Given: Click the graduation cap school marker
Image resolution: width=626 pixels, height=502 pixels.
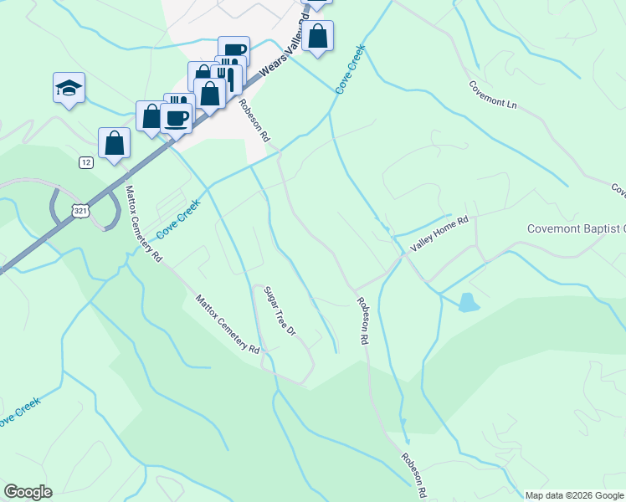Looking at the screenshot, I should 69,88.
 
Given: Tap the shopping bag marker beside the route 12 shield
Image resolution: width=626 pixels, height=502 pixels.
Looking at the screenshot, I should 114,143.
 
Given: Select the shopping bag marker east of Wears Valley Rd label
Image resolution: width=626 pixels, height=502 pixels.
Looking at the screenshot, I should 317,37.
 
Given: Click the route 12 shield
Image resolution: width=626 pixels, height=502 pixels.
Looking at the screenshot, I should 86,162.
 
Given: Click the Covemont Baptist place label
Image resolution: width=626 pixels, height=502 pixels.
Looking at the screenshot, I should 577,228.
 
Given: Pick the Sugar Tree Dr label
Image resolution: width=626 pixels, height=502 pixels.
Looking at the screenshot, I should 280,311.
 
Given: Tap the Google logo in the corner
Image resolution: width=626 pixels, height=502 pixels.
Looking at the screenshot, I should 28,492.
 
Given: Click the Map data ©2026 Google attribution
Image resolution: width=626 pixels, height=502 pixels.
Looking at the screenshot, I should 575,495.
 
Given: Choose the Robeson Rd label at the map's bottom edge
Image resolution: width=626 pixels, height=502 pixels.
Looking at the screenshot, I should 415,475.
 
